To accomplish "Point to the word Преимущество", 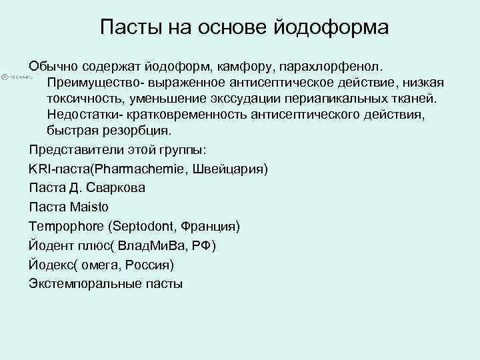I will (89, 83).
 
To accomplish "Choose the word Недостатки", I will (81, 114).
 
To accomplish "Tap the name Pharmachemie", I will (145, 169).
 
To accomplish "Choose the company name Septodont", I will (139, 227).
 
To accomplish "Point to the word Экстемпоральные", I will (83, 284).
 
